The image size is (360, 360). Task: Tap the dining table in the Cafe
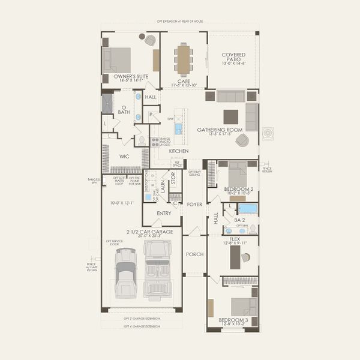click(184, 59)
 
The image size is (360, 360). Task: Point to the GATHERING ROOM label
click(220, 130)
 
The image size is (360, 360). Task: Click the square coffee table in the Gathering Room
click(231, 116)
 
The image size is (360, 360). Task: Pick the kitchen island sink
click(178, 128)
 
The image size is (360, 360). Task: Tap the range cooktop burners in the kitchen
click(155, 142)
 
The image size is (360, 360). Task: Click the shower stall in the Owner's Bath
click(107, 103)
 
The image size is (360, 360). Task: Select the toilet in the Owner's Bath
click(142, 139)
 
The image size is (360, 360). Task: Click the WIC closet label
click(124, 156)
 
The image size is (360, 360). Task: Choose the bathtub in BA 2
click(247, 209)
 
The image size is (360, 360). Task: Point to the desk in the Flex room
click(235, 257)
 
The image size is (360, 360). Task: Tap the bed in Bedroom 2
click(238, 175)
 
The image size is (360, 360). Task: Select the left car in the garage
click(125, 272)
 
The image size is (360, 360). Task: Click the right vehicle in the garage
click(157, 270)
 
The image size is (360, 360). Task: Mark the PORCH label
click(194, 254)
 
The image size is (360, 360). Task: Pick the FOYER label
click(194, 204)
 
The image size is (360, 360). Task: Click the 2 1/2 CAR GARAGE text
click(149, 231)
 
